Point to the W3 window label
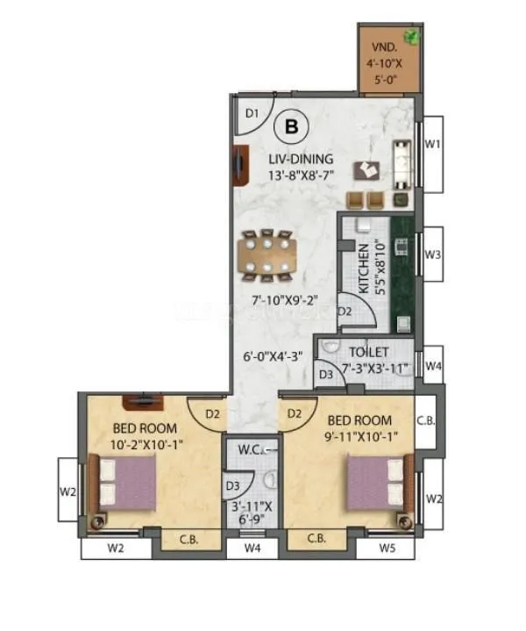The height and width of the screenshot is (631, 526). [432, 255]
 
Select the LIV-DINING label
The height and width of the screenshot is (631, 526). [301, 159]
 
